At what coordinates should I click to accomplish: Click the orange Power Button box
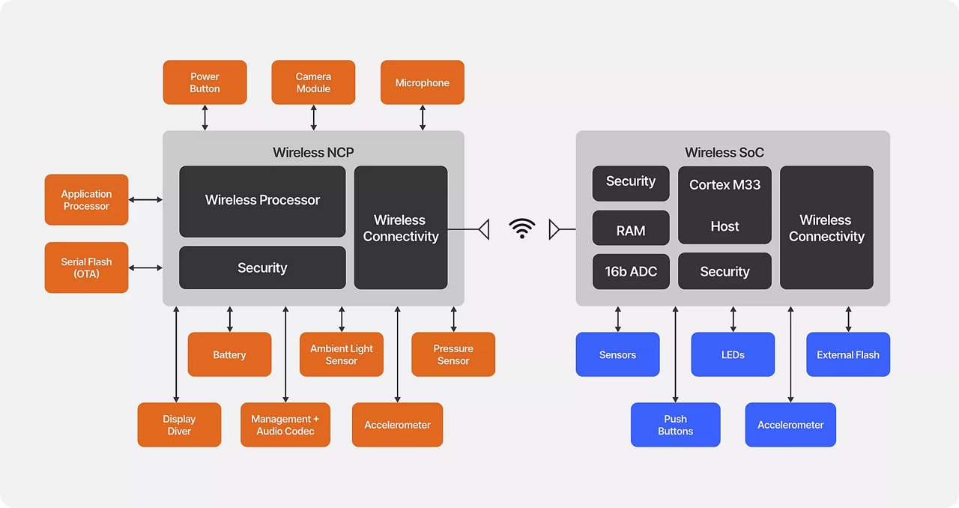(205, 82)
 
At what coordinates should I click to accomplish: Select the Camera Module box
(313, 82)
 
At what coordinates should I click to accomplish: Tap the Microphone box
(423, 82)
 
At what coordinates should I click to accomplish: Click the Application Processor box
(86, 200)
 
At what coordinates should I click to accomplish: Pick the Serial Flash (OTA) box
(86, 267)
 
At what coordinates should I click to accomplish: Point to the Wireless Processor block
(262, 201)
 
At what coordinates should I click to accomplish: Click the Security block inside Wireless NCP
(262, 267)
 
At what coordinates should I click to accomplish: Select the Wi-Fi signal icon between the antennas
(521, 229)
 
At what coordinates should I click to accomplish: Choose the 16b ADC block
(631, 271)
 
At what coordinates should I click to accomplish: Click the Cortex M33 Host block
(724, 205)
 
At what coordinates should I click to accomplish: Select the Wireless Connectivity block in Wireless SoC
(826, 228)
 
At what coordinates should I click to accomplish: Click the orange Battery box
(229, 354)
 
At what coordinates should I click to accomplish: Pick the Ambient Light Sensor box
(342, 354)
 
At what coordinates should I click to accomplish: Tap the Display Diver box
(179, 425)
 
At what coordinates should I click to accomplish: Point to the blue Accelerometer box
(790, 425)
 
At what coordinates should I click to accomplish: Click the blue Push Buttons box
(675, 425)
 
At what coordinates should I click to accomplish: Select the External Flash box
(848, 354)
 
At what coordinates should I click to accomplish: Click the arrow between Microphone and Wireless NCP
(423, 118)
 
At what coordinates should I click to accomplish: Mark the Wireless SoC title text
(724, 153)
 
